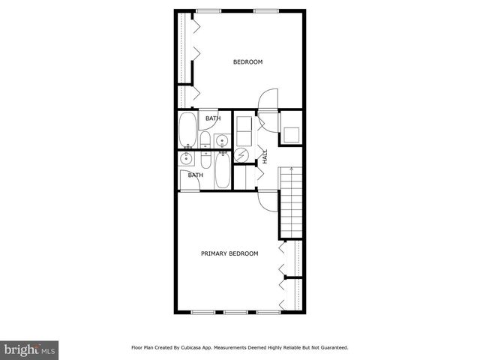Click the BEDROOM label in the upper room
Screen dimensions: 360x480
click(247, 62)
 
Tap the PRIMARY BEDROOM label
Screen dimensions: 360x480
click(229, 253)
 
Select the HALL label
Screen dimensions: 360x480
click(265, 157)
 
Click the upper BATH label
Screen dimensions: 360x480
click(213, 118)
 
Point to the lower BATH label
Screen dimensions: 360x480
click(195, 175)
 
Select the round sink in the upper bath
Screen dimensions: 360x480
click(222, 140)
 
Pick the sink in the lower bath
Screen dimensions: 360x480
click(186, 158)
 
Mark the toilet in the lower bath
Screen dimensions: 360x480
click(205, 158)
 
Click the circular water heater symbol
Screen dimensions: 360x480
click(241, 155)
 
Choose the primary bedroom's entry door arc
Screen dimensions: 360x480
click(268, 199)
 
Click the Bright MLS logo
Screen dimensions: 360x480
click(29, 349)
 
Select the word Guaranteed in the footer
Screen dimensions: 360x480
click(330, 348)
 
